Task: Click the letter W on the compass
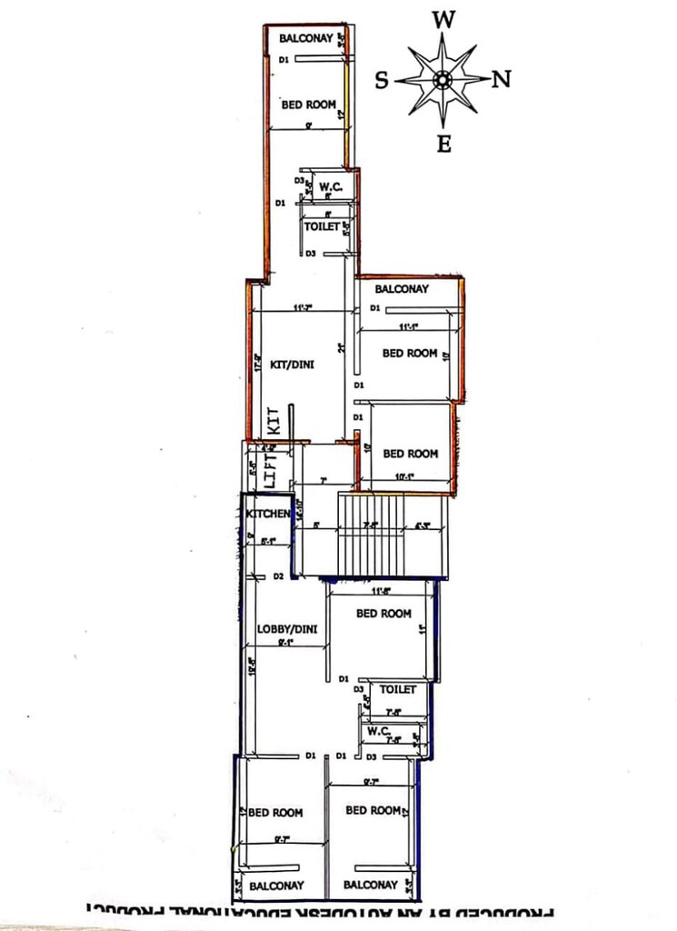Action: (x=443, y=19)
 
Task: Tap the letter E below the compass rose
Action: (x=443, y=144)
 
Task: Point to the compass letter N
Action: (x=501, y=80)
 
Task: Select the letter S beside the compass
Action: (x=383, y=81)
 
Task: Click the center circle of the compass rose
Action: (x=443, y=80)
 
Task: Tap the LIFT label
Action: (x=269, y=470)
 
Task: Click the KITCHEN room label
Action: (x=268, y=515)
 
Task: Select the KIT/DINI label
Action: (x=292, y=365)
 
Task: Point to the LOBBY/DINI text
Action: (x=286, y=628)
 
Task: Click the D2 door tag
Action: (x=280, y=577)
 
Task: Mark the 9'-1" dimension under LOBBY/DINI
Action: (x=284, y=643)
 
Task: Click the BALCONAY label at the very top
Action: (x=305, y=38)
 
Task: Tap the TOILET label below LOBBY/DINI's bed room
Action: (x=397, y=690)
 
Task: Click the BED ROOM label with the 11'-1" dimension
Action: (x=410, y=353)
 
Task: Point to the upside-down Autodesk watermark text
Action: (x=318, y=910)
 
